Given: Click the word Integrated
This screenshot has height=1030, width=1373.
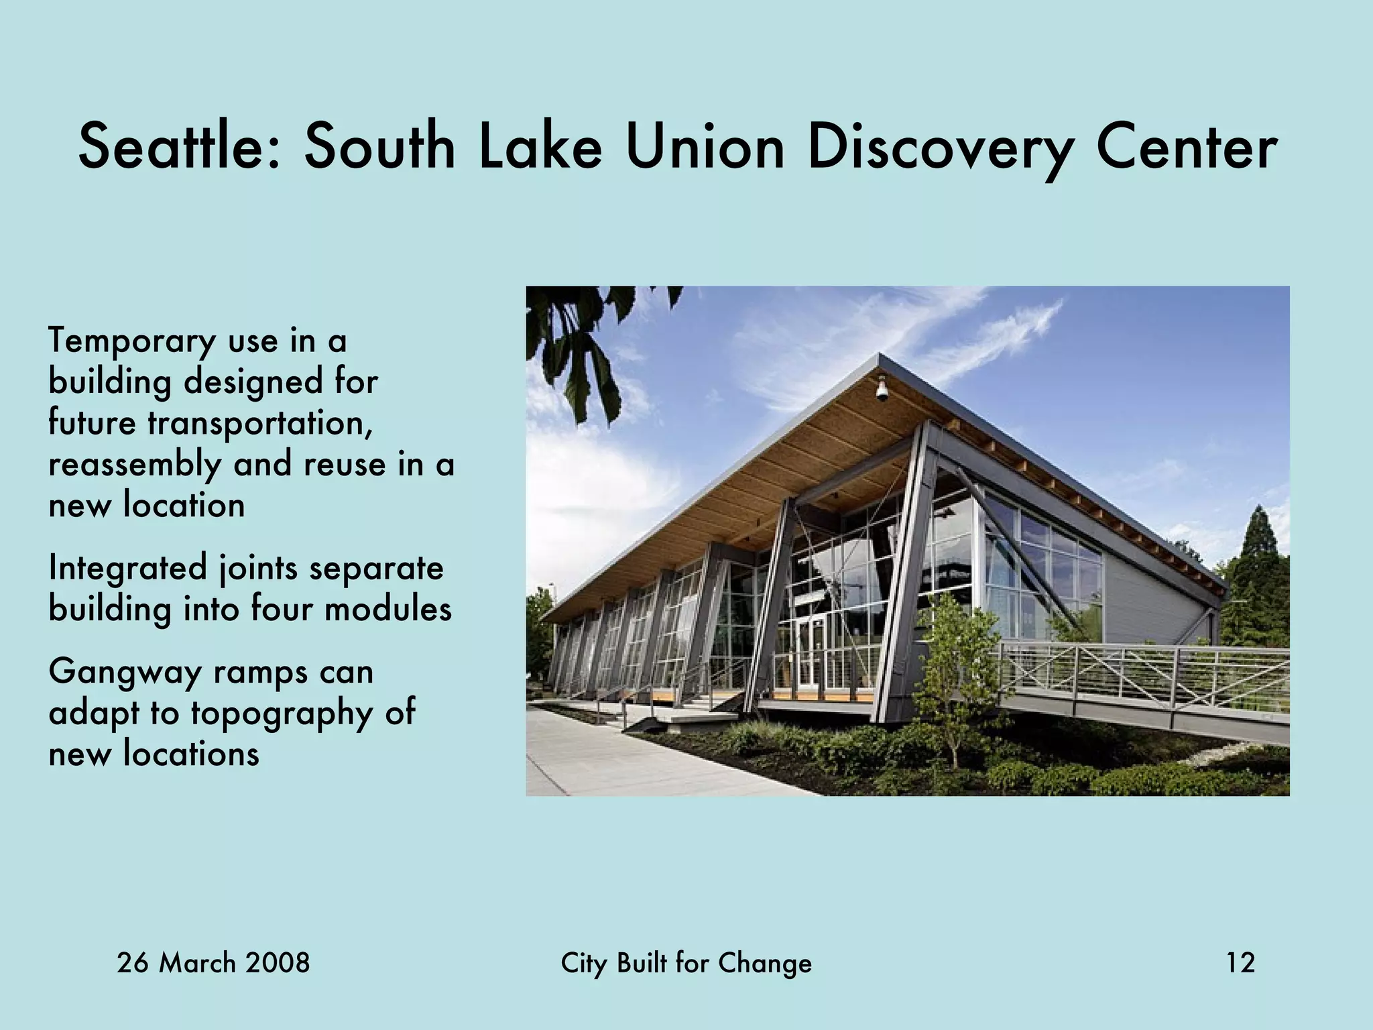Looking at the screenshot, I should pyautogui.click(x=128, y=569).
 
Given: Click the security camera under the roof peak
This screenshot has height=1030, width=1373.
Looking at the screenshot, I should pyautogui.click(x=882, y=390).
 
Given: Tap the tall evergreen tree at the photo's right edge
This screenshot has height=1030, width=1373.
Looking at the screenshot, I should pyautogui.click(x=1257, y=570).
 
